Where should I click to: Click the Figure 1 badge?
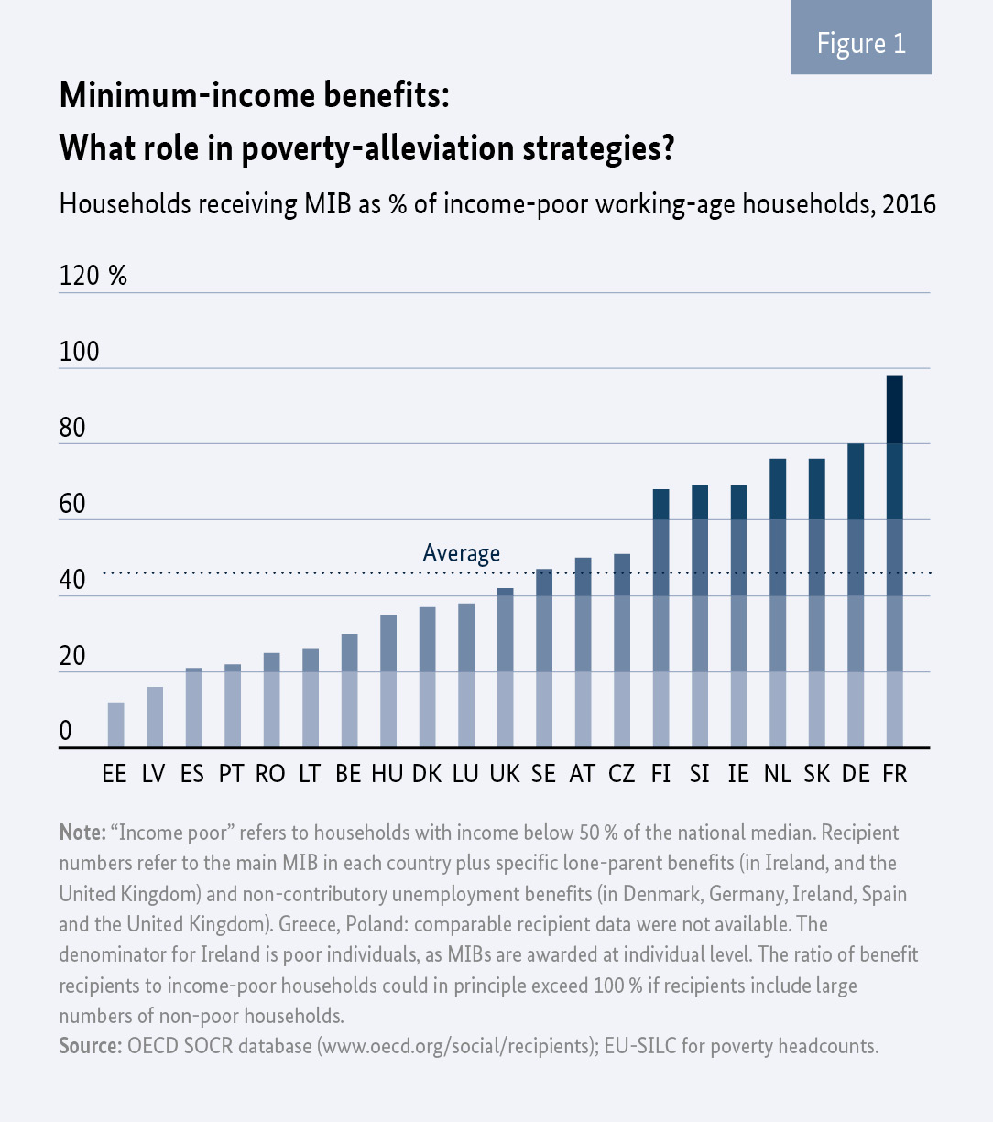[861, 44]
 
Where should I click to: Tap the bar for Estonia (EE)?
[115, 724]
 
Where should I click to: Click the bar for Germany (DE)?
[856, 595]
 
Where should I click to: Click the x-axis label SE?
[543, 774]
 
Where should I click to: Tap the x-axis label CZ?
[621, 774]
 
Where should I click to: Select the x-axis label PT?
[231, 774]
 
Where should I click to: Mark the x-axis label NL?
[777, 774]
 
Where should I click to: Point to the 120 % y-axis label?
[93, 276]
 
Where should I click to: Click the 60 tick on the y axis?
[72, 505]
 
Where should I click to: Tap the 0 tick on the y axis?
[65, 732]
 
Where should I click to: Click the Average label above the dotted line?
[461, 553]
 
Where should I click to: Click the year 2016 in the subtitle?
[909, 203]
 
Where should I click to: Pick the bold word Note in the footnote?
[81, 833]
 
